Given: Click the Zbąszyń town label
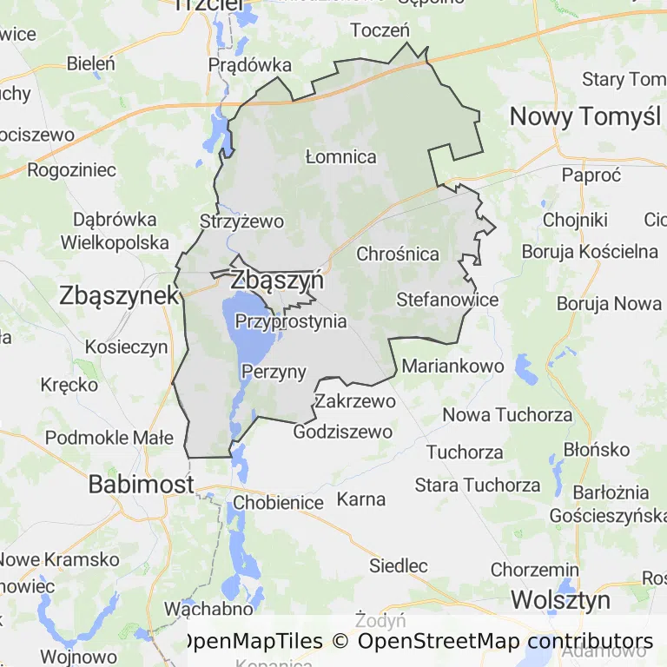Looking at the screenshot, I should (x=277, y=281).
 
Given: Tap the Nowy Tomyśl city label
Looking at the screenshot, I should (x=584, y=116).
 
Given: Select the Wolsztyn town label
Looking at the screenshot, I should (x=560, y=600).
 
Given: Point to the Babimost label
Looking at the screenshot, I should (x=141, y=485).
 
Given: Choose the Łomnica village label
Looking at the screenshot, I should (x=341, y=157).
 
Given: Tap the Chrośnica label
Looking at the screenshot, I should (x=398, y=254).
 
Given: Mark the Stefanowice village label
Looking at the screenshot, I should (x=447, y=300).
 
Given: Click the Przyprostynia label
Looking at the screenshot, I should (x=291, y=322).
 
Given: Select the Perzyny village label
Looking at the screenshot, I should (x=274, y=373).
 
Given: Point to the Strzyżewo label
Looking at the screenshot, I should (x=241, y=221).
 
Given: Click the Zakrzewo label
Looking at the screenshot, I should (x=355, y=401).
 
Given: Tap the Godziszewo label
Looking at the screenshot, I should (x=343, y=432).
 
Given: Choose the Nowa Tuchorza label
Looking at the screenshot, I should (x=508, y=415).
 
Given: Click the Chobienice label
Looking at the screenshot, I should (x=278, y=503).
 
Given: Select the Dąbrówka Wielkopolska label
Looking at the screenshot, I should (x=115, y=230).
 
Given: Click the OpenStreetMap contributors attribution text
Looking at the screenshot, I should (x=505, y=642).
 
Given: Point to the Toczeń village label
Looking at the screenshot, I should (x=380, y=30).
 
